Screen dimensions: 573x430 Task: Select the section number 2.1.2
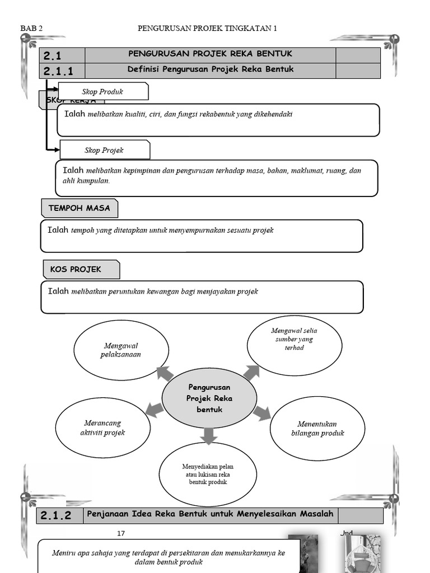click(x=56, y=516)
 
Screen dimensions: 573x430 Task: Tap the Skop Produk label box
click(x=103, y=91)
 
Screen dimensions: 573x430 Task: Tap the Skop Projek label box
click(x=104, y=150)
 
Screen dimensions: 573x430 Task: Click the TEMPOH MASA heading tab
click(x=79, y=208)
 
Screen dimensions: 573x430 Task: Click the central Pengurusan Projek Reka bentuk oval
click(x=209, y=398)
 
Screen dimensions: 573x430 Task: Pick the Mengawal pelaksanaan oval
click(x=121, y=350)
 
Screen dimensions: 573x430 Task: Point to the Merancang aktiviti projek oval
click(x=103, y=428)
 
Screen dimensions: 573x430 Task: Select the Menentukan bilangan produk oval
click(x=317, y=429)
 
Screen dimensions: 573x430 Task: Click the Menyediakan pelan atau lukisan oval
click(x=208, y=475)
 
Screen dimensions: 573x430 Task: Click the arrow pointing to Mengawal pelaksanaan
click(x=165, y=373)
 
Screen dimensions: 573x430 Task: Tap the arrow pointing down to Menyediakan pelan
click(x=208, y=435)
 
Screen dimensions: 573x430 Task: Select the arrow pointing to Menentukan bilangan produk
click(x=261, y=414)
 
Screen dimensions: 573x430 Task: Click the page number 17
click(x=121, y=533)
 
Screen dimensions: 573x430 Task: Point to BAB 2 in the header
click(x=31, y=28)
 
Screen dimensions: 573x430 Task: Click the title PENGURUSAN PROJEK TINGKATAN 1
click(x=207, y=28)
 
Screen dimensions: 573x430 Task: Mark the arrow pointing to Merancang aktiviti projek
click(x=155, y=410)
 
